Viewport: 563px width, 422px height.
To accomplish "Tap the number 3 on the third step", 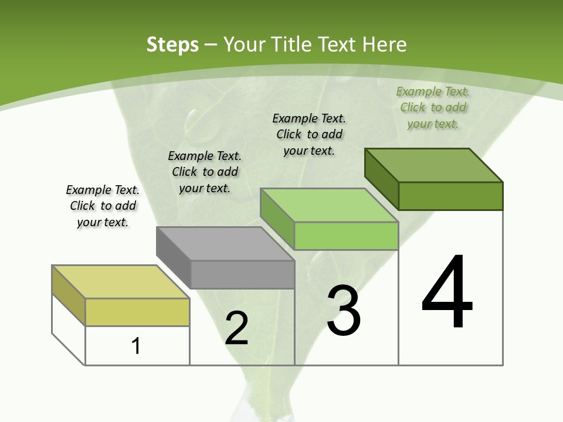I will tap(344, 311).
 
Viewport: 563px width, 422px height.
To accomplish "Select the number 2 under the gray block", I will tap(236, 328).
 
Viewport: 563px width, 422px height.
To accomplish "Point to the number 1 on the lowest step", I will tap(136, 346).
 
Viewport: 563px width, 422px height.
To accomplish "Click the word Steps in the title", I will tap(172, 45).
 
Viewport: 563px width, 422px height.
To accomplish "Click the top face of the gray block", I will tap(226, 243).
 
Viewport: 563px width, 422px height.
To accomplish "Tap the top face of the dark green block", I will tap(434, 165).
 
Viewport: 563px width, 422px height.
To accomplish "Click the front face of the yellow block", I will tap(137, 312).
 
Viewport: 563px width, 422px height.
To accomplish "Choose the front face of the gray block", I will tap(242, 274).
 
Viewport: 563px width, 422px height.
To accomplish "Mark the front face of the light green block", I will tap(346, 236).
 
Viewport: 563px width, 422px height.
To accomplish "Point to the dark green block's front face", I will tap(450, 196).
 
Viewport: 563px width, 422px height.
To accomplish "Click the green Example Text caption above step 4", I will tap(433, 107).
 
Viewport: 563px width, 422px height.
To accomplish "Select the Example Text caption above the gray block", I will tap(205, 172).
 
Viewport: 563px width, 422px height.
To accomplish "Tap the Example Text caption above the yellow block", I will tap(103, 206).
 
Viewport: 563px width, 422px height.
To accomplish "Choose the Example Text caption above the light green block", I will tap(309, 134).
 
